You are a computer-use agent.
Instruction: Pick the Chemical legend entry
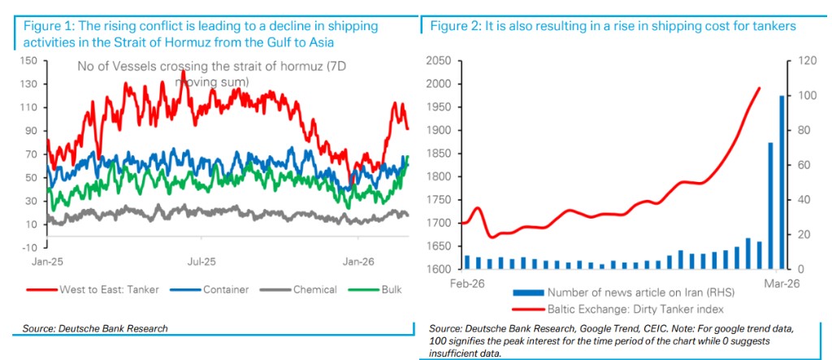(314, 289)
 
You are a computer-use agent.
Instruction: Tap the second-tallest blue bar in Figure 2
(770, 206)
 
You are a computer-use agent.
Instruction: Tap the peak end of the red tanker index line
(759, 88)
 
